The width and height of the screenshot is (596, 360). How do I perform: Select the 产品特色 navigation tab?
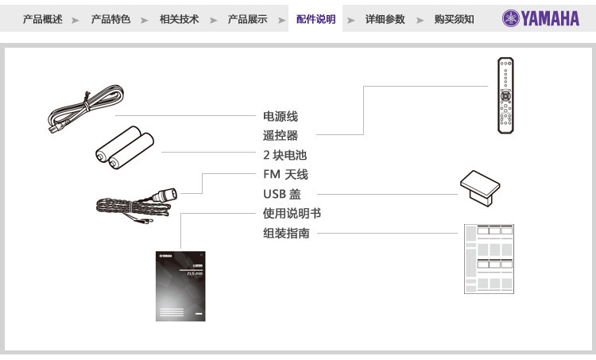[110, 19]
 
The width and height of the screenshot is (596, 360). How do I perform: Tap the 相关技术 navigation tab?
[179, 19]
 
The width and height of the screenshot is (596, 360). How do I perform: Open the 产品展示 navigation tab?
[247, 19]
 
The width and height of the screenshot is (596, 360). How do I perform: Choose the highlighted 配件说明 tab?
[315, 19]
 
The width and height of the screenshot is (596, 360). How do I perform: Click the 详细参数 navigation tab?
[385, 19]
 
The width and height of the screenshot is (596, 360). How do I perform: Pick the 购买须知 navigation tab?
[454, 19]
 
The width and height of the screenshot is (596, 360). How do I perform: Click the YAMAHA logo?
[540, 19]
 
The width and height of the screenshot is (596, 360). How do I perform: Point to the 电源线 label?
[281, 117]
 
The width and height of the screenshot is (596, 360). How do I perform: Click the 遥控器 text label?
[281, 136]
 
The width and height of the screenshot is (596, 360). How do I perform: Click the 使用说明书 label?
[292, 214]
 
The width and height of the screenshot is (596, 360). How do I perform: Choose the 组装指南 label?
[286, 234]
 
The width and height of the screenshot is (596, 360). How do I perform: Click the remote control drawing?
[505, 95]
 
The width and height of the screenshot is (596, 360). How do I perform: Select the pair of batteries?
[124, 148]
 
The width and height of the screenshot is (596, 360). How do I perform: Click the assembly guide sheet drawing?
[489, 259]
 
